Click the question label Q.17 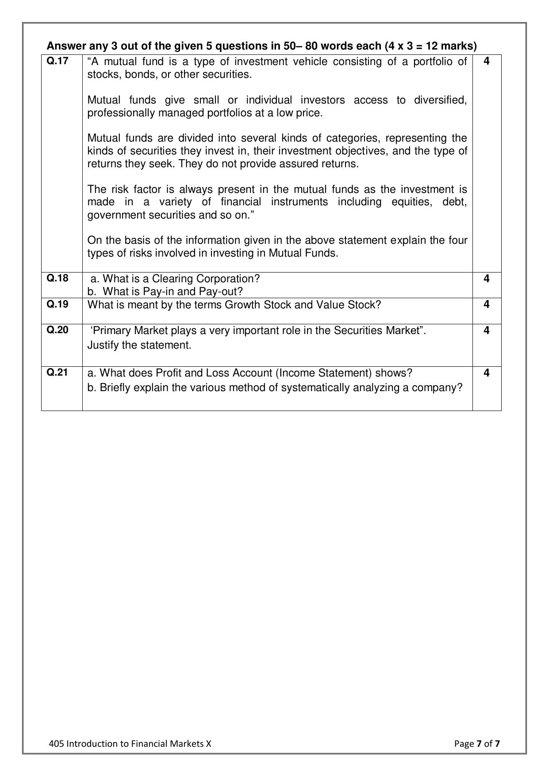pyautogui.click(x=58, y=61)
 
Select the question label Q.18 pyautogui.click(x=58, y=278)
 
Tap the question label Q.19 pyautogui.click(x=58, y=304)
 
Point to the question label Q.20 pyautogui.click(x=58, y=330)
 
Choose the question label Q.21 pyautogui.click(x=58, y=373)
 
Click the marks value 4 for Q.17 pyautogui.click(x=487, y=61)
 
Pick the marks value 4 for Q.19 pyautogui.click(x=487, y=304)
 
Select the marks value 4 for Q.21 pyautogui.click(x=487, y=373)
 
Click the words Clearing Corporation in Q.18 pyautogui.click(x=205, y=279)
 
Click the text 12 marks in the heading pyautogui.click(x=451, y=46)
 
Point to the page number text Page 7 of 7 pyautogui.click(x=477, y=744)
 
